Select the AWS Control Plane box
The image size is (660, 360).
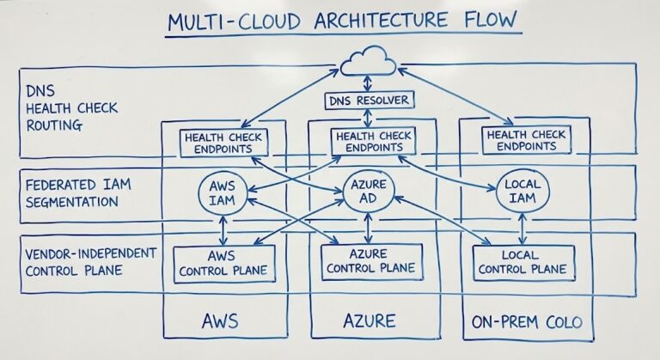pos(223,263)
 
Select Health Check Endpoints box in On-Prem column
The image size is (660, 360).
pos(524,141)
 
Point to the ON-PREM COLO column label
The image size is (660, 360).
pos(526,323)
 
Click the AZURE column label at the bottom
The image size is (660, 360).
pos(370,322)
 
